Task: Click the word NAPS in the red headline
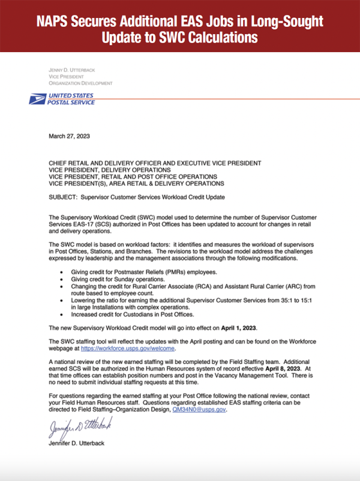pos(58,22)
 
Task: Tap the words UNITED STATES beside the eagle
pos(71,95)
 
